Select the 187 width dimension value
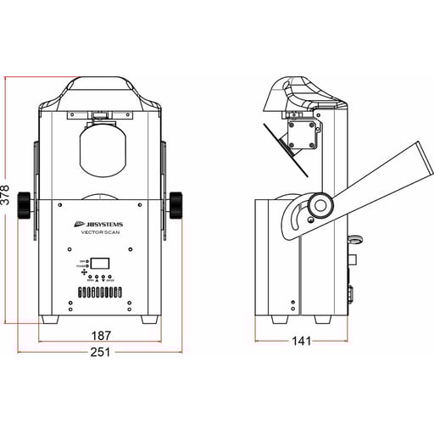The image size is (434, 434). [100, 336]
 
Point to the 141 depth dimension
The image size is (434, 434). [301, 341]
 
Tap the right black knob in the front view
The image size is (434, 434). [177, 203]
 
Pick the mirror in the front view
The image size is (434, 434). [100, 153]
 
